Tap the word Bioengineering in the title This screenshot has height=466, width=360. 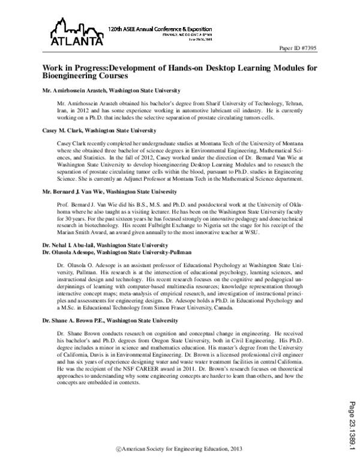click(71, 77)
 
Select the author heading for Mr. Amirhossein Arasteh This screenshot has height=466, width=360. click(111, 91)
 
